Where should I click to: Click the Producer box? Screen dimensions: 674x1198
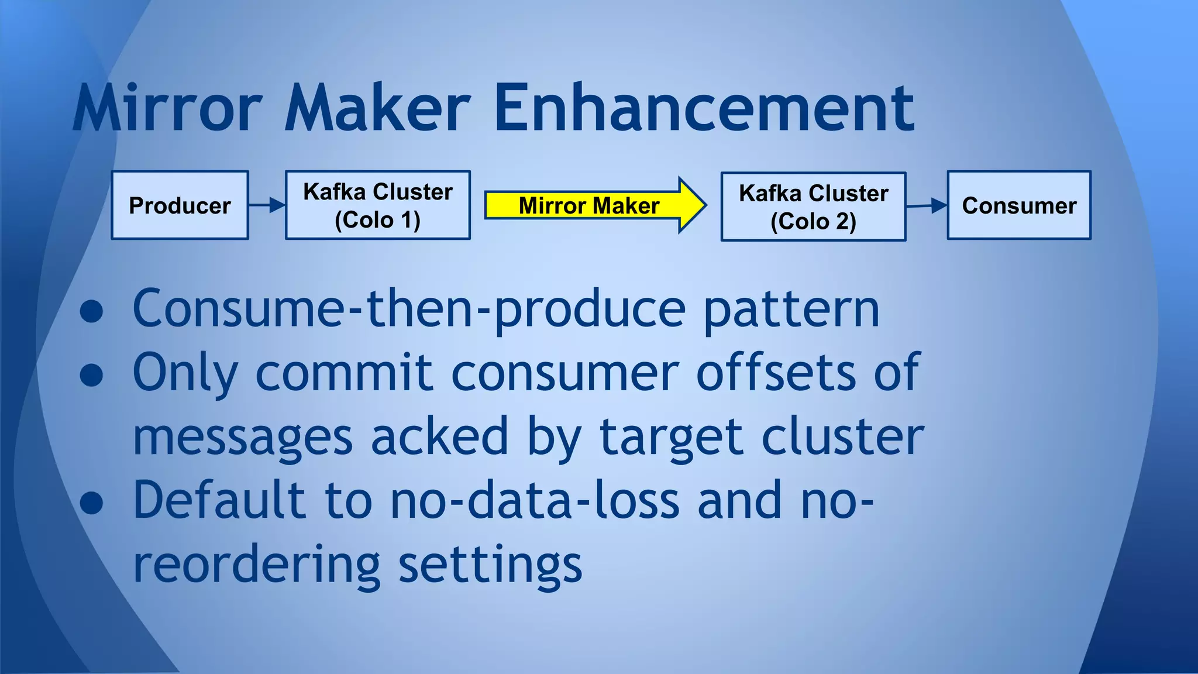coord(180,205)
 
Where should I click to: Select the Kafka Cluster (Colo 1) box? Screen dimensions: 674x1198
coord(377,205)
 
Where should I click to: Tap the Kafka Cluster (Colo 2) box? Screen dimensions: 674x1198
coord(813,207)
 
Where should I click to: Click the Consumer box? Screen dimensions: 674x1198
coord(1019,205)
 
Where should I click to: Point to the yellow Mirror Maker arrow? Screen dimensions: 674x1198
coord(591,205)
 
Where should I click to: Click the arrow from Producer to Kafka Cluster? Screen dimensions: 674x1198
coord(267,205)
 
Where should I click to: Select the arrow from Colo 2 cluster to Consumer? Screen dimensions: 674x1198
coord(927,205)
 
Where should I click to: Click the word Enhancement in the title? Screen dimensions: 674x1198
coord(704,108)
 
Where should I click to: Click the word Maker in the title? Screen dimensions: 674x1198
coord(377,108)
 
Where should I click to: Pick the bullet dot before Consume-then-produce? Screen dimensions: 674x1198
coord(92,312)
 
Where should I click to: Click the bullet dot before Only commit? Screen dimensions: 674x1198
coord(92,375)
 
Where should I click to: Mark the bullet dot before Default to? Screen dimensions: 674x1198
coord(92,503)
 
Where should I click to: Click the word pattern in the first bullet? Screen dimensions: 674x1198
coord(791,310)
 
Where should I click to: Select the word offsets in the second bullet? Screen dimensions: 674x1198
coord(776,373)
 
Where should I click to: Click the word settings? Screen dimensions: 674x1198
coord(490,565)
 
